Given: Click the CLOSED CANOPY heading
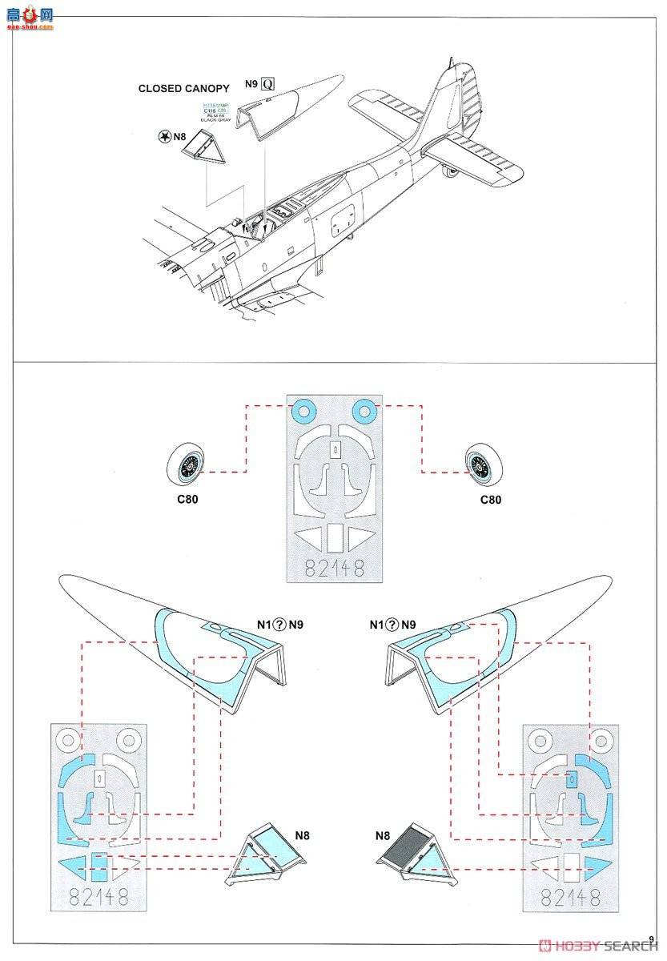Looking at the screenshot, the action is coord(183,88).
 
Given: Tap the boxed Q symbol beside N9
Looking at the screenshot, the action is coord(267,83).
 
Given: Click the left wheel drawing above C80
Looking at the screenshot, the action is coord(190,465).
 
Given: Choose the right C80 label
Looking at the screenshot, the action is coord(490,500).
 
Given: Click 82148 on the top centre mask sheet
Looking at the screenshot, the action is coord(335,567).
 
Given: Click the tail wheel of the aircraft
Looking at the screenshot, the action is coord(453,168).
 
